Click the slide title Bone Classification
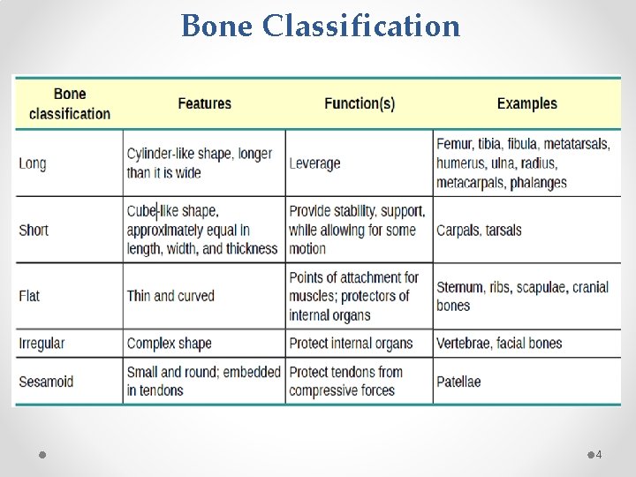point(321,26)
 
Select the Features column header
point(204,103)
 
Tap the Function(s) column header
point(359,103)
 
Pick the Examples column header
point(526,103)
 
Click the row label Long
point(33,163)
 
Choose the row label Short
point(34,230)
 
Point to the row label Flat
point(29,295)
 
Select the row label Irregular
point(42,343)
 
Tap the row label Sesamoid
point(46,382)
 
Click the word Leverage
point(314,163)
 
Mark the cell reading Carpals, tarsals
point(479,230)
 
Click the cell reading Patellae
point(458,382)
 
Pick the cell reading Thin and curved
point(170,295)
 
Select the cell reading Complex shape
point(169,343)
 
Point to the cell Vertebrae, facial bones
point(499,343)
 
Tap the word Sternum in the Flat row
point(459,287)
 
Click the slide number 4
point(598,454)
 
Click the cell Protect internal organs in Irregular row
point(351,343)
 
